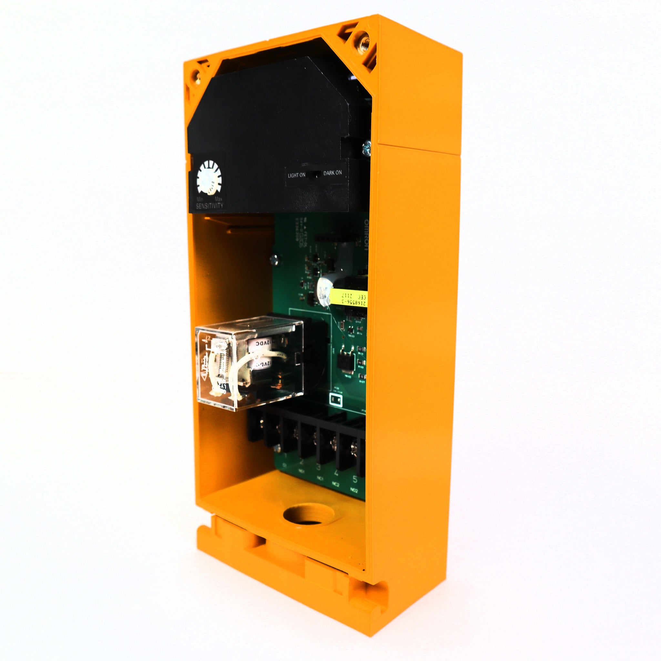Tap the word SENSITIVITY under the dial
(209, 206)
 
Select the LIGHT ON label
(296, 175)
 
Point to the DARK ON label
(332, 173)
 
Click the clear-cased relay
(249, 363)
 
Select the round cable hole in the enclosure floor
(308, 514)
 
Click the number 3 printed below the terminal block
(318, 467)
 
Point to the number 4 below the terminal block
(336, 473)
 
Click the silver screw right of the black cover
(366, 148)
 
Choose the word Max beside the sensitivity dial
(218, 199)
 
